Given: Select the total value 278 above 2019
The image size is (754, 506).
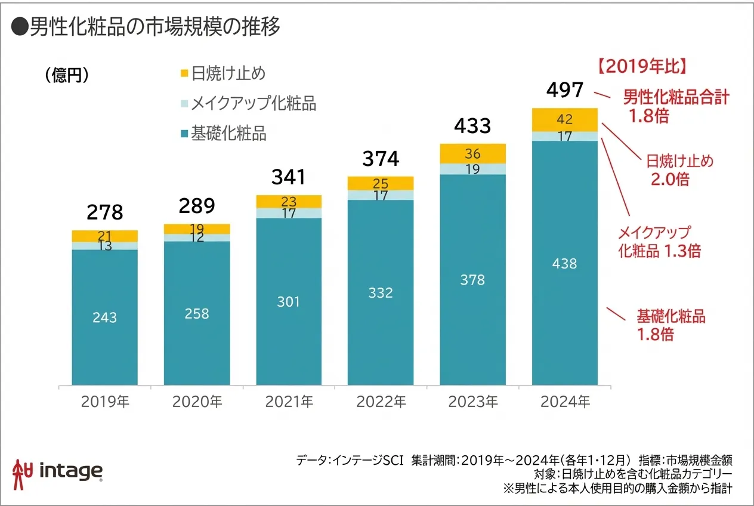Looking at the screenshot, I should point(104,212).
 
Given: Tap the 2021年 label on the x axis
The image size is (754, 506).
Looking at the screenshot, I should point(289,402).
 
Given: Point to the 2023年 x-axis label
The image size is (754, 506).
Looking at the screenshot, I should point(472,402).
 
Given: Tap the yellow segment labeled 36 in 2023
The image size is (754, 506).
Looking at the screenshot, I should point(472,153).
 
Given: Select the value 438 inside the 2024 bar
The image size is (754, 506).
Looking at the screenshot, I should point(564,263).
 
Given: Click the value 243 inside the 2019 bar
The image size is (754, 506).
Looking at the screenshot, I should point(104,317).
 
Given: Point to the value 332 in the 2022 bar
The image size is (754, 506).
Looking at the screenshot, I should point(381,293).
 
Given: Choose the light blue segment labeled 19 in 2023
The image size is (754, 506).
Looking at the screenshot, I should point(472,169).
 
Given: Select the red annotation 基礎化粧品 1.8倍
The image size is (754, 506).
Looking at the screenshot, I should point(670,325).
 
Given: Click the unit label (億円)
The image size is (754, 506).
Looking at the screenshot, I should point(67,75).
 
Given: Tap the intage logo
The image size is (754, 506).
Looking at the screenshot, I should point(58,471).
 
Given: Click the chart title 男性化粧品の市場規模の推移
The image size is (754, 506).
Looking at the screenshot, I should point(146,27).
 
